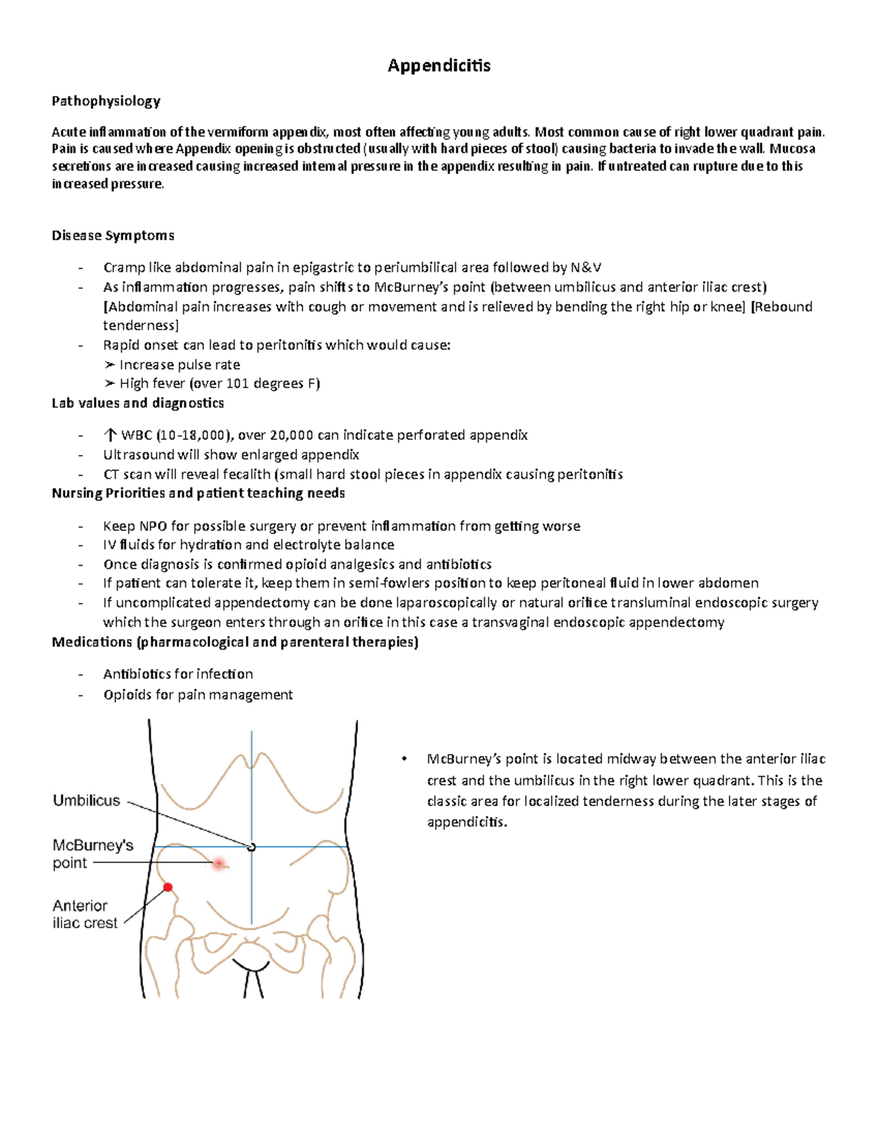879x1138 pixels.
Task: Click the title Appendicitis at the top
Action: [x=439, y=66]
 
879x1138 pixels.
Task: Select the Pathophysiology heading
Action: [x=105, y=101]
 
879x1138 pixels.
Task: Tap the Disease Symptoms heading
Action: [x=113, y=235]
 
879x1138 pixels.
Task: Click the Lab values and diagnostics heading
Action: [x=138, y=403]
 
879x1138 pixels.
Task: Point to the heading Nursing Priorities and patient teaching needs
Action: [x=198, y=493]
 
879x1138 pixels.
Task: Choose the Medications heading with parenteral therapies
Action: [x=235, y=642]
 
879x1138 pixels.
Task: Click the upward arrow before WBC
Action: [x=111, y=435]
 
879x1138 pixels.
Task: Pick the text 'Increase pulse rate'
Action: [x=179, y=365]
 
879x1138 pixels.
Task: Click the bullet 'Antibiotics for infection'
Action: [x=178, y=674]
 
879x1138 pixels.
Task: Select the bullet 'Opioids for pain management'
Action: [x=198, y=695]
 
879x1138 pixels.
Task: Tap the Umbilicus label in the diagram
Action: [x=86, y=801]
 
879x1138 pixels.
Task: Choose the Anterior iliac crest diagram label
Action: [x=84, y=915]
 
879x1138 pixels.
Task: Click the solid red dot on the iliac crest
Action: [x=168, y=887]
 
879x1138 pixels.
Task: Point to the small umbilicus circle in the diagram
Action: [x=252, y=847]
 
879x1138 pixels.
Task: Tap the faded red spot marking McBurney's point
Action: [x=218, y=864]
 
